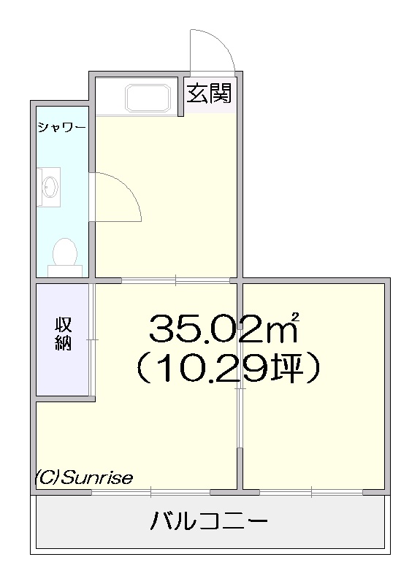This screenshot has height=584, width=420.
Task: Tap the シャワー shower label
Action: pyautogui.click(x=61, y=128)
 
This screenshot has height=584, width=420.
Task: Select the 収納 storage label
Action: pyautogui.click(x=63, y=334)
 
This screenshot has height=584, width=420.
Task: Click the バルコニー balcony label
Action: pyautogui.click(x=209, y=520)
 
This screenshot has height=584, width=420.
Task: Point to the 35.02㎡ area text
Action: pyautogui.click(x=224, y=328)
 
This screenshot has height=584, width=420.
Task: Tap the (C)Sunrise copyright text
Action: pyautogui.click(x=84, y=477)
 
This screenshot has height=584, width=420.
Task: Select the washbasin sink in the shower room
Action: pyautogui.click(x=49, y=186)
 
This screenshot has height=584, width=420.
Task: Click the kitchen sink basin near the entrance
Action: pyautogui.click(x=148, y=98)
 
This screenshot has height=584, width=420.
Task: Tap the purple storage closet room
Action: pyautogui.click(x=63, y=339)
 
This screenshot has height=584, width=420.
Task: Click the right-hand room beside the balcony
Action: pyautogui.click(x=314, y=386)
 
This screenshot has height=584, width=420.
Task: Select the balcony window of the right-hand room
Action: pyautogui.click(x=311, y=492)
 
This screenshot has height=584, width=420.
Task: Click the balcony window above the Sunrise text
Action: pyautogui.click(x=150, y=492)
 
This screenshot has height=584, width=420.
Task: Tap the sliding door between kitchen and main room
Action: pyautogui.click(x=175, y=280)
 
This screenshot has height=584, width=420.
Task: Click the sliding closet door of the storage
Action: pyautogui.click(x=92, y=339)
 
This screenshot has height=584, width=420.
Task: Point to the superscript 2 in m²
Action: pyautogui.click(x=296, y=317)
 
